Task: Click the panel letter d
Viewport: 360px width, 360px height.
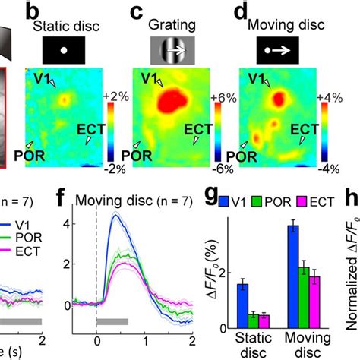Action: point(242,14)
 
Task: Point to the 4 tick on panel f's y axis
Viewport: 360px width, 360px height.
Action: point(87,224)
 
